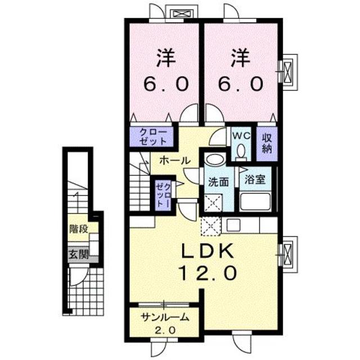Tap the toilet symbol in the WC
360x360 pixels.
coord(240,150)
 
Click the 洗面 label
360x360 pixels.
coord(218,182)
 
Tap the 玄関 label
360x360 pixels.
coord(79,254)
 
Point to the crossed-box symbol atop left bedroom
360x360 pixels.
coord(182,12)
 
